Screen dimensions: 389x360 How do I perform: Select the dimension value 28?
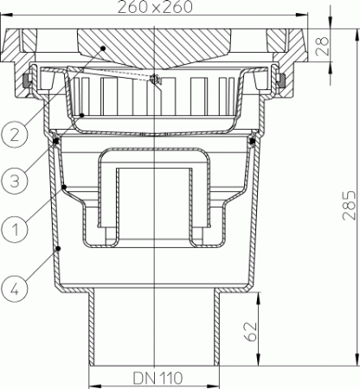coord(346,43)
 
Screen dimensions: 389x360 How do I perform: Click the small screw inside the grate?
coord(154,80)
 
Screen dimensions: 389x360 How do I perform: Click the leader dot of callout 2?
coord(102,48)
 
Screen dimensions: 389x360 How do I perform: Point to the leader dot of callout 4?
coord(57,248)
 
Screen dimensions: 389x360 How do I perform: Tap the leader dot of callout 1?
coord(66,184)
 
